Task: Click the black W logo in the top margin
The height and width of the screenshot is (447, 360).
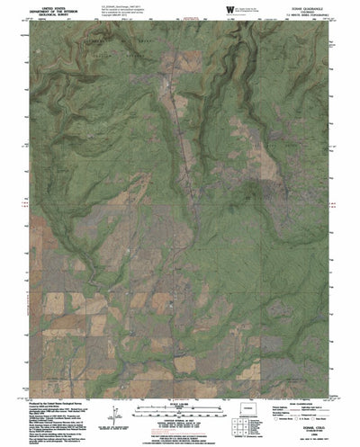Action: [231, 10]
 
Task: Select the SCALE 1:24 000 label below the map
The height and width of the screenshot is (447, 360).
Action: [181, 401]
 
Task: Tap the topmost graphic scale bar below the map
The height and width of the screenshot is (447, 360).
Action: [181, 407]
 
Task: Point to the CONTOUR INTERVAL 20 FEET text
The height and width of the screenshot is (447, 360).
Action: [181, 420]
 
